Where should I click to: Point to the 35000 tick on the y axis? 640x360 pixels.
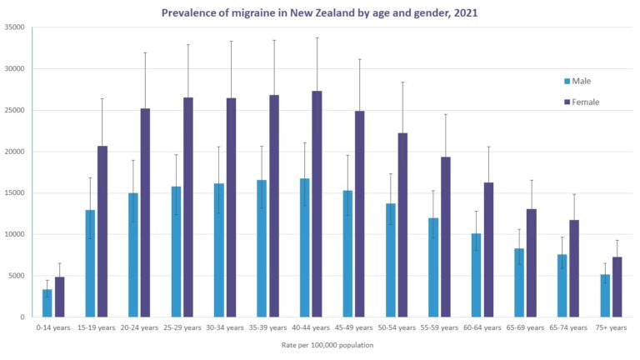click(x=12, y=27)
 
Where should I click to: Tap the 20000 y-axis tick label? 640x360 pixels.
click(x=12, y=152)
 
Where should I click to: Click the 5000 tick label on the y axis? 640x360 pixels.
click(x=15, y=276)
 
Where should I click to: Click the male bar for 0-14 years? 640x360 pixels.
click(x=47, y=302)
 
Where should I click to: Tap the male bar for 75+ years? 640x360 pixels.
click(x=605, y=296)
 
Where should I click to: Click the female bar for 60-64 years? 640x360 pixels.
click(x=488, y=250)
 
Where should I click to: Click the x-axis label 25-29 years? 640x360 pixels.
click(x=182, y=327)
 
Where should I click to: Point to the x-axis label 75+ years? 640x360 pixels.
click(x=611, y=327)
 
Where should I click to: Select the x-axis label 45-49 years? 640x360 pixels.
click(x=353, y=327)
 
